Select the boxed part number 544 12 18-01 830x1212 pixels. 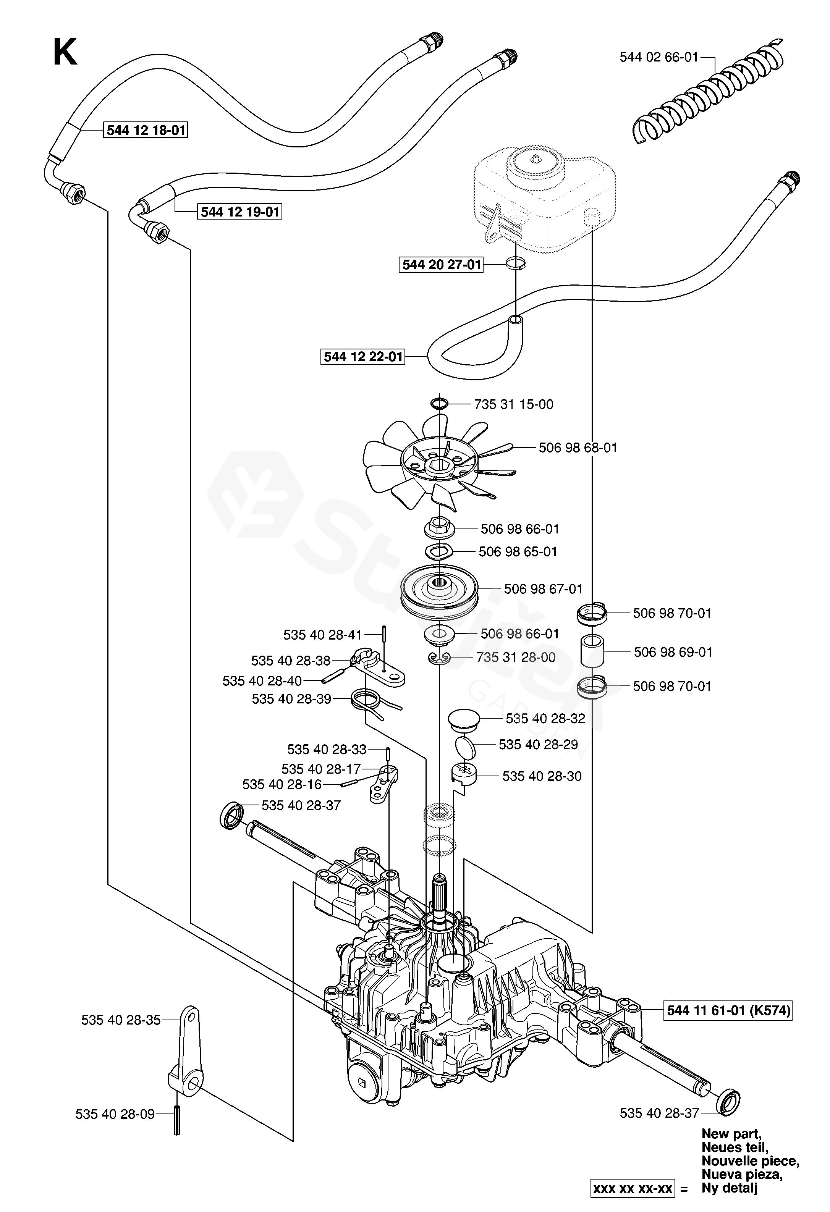tap(146, 130)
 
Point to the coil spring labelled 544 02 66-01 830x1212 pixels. tap(709, 94)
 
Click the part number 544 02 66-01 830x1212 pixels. tap(658, 57)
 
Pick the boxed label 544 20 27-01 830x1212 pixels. tap(441, 265)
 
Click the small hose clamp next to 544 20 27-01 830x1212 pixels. tap(515, 263)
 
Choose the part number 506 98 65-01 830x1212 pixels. tap(518, 551)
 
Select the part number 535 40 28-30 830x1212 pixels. tap(542, 776)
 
